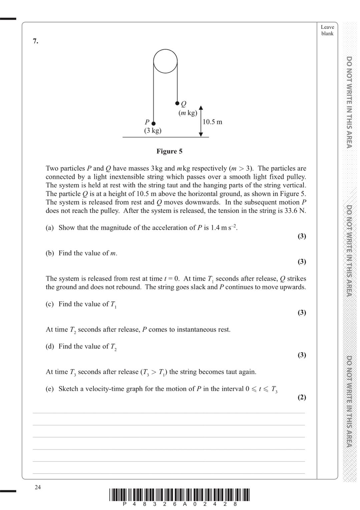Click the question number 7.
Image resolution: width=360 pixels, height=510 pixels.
[x=35, y=41]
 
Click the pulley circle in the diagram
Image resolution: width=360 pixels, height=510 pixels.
[x=165, y=61]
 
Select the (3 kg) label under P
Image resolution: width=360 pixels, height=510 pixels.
[x=152, y=131]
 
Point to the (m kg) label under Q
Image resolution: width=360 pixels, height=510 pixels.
[x=188, y=113]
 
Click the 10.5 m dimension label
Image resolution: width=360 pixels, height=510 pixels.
[x=212, y=122]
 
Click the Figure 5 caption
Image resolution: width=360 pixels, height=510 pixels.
[x=169, y=151]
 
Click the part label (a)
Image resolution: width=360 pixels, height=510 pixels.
[x=50, y=228]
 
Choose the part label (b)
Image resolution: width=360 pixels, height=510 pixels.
[x=50, y=253]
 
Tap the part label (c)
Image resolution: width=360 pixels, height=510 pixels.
[x=50, y=304]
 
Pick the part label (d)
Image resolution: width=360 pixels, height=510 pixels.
[x=50, y=346]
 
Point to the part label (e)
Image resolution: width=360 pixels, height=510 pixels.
[x=50, y=389]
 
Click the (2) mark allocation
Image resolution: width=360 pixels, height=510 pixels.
[x=302, y=397]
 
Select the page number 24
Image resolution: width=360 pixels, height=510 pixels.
[x=38, y=487]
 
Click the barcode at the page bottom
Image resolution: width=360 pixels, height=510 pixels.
[x=179, y=495]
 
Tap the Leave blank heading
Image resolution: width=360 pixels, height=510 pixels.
[x=327, y=30]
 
